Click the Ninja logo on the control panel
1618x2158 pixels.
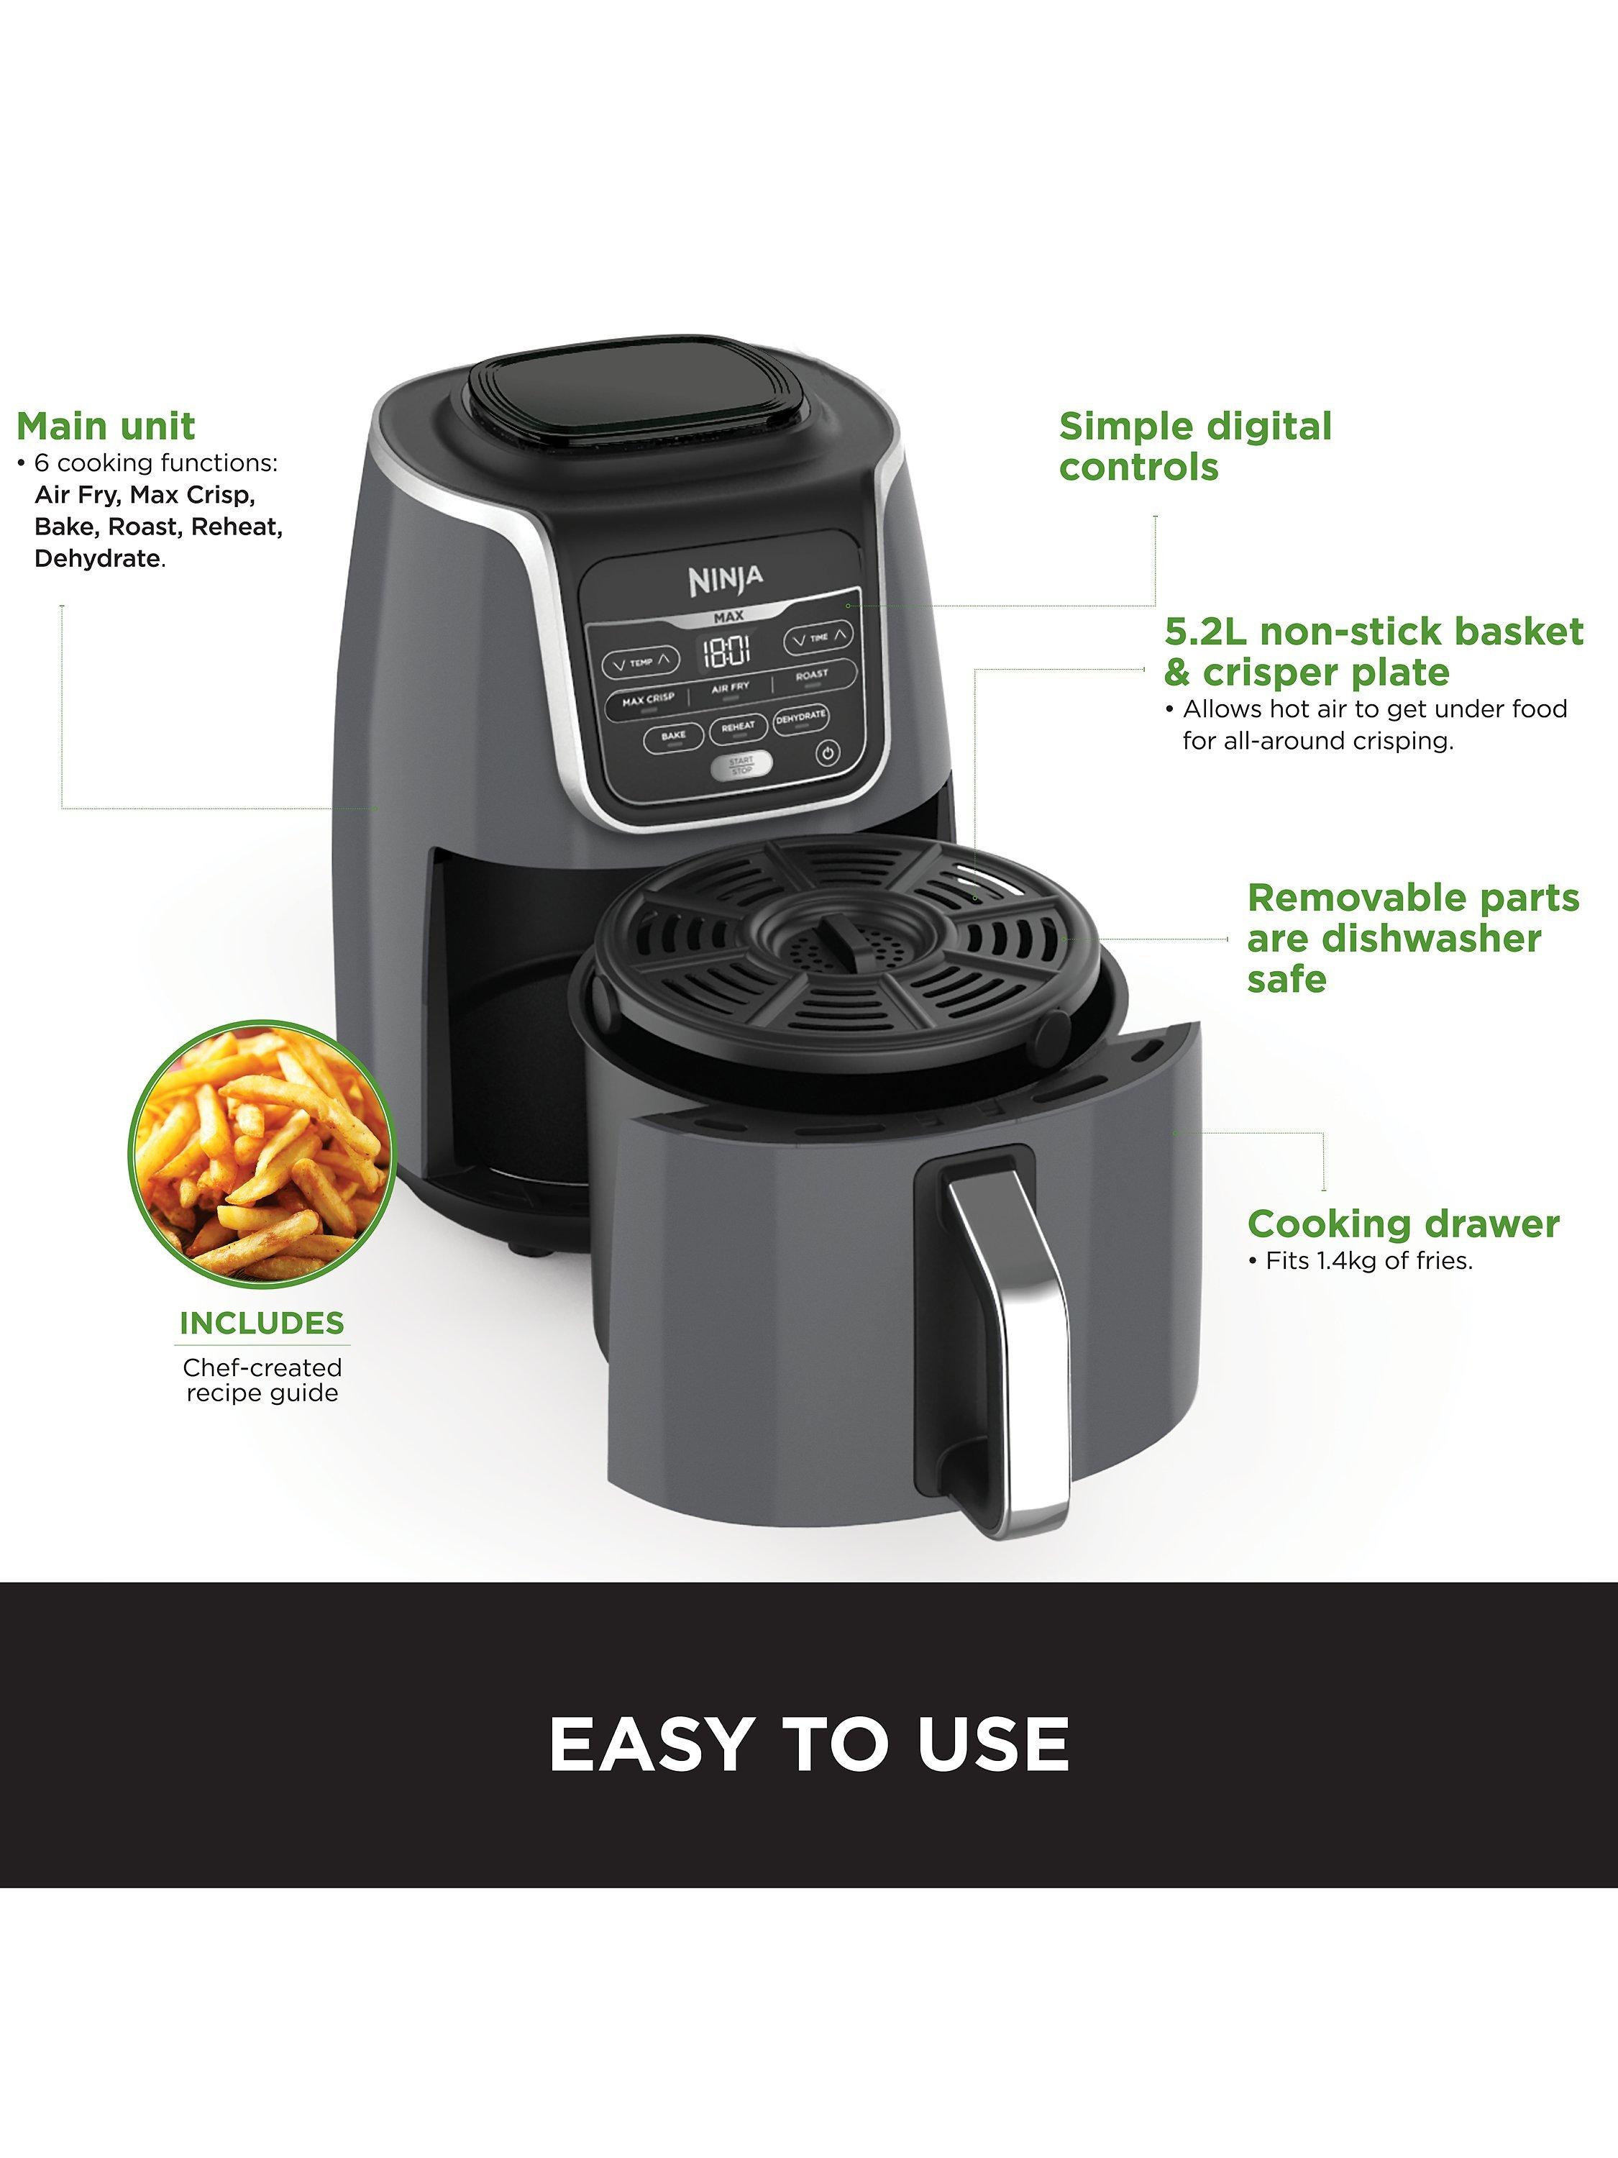point(726,580)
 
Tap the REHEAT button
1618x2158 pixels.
point(739,728)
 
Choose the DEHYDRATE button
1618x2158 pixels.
point(800,719)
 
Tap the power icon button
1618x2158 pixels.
point(827,753)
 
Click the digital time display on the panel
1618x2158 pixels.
point(728,651)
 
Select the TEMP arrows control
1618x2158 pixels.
point(640,663)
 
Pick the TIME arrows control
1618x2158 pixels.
point(819,638)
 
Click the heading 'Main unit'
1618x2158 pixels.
point(105,427)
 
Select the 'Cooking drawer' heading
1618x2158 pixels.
point(1404,1224)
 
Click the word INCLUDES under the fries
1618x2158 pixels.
point(261,1323)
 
